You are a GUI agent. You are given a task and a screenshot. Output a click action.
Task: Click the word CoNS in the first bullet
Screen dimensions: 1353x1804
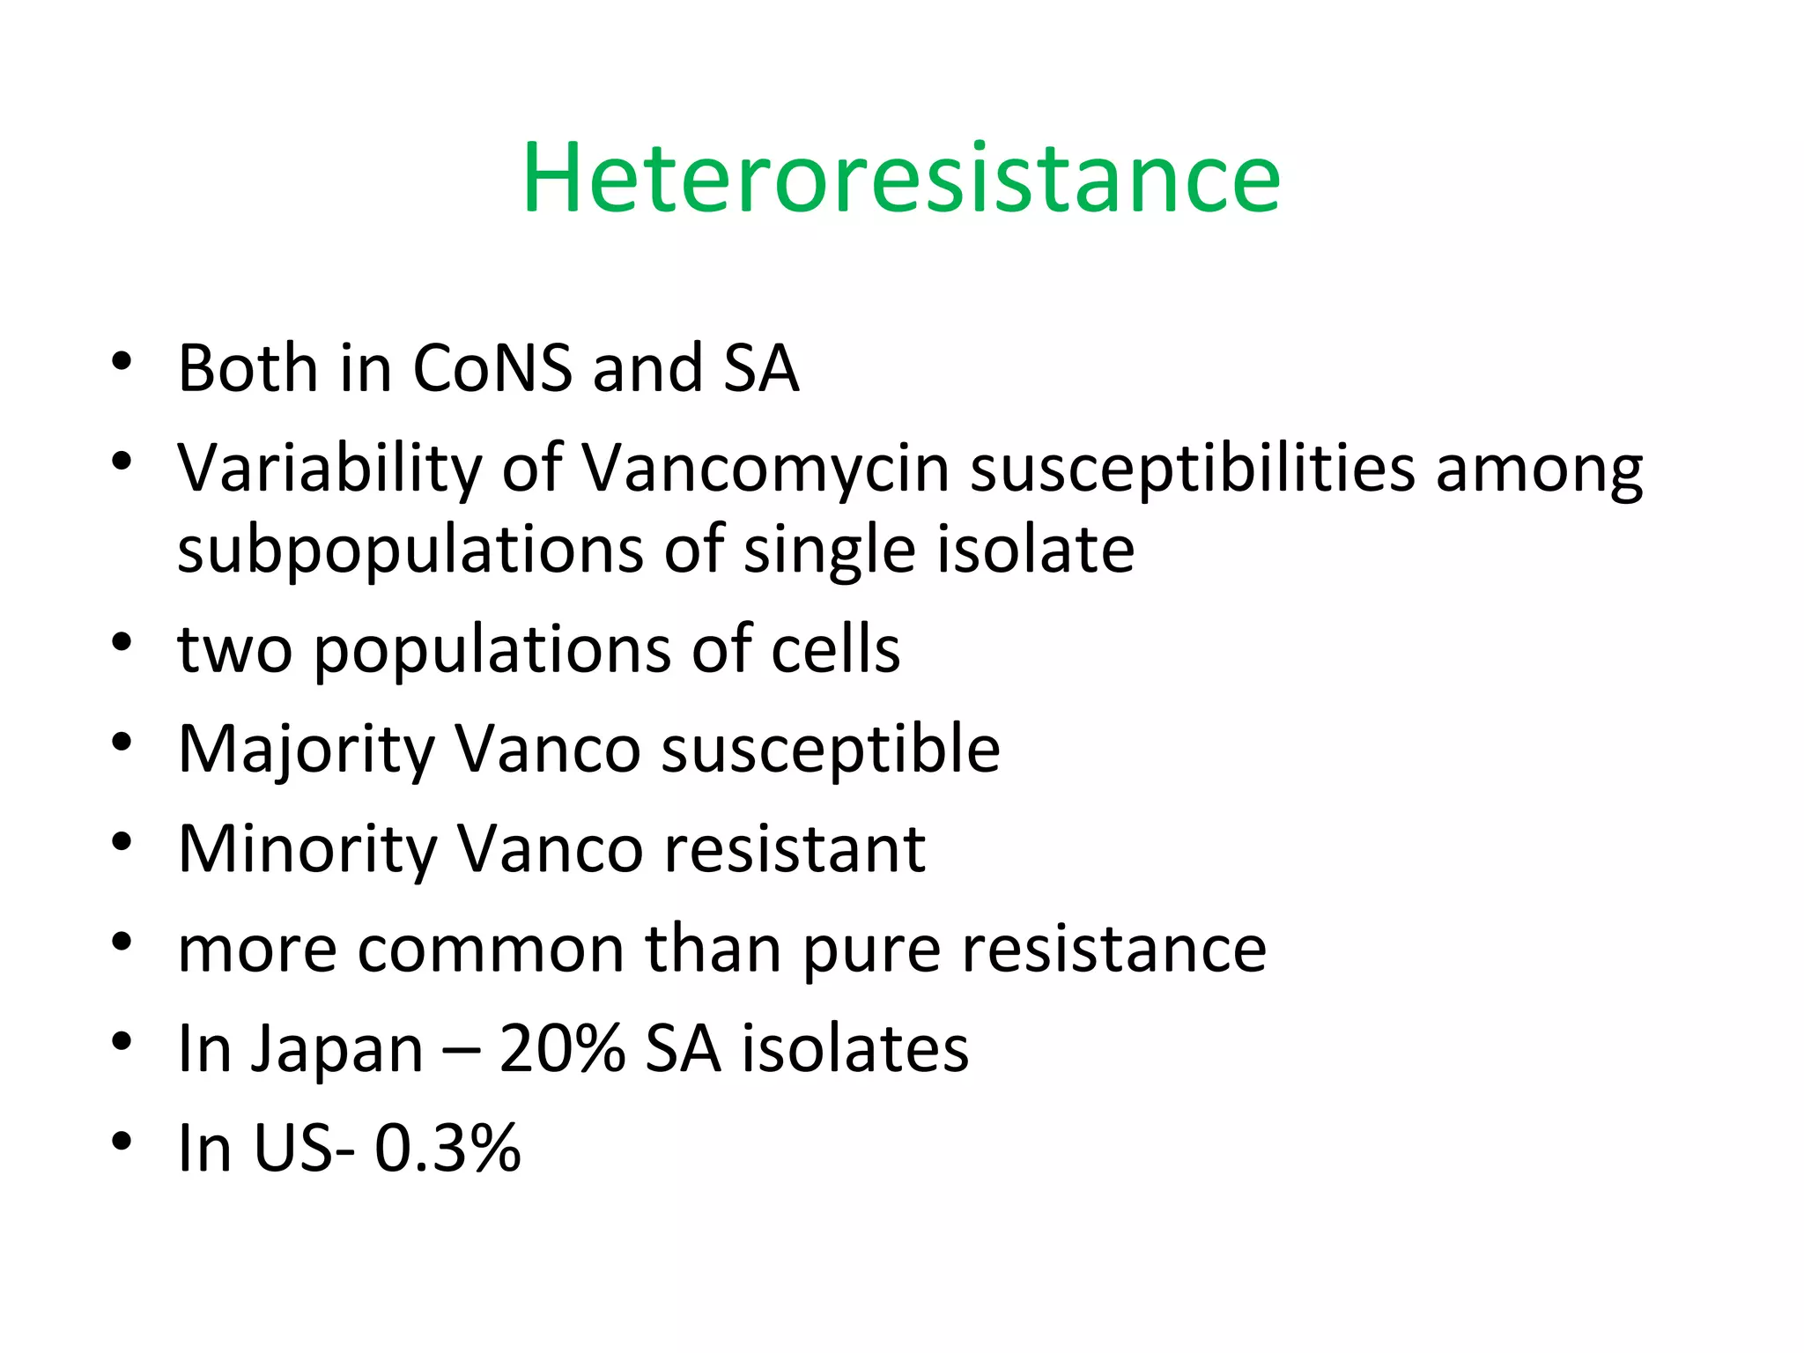click(492, 367)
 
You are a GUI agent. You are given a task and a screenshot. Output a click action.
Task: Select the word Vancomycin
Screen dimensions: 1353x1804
click(765, 468)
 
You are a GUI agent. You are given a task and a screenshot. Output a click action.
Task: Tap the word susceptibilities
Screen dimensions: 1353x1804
click(1193, 469)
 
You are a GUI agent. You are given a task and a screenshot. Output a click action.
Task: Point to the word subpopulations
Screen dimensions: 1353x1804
click(410, 551)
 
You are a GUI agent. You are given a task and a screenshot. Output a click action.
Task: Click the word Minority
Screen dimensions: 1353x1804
click(307, 849)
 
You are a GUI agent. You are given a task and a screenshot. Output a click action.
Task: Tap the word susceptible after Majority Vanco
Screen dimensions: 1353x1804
click(831, 750)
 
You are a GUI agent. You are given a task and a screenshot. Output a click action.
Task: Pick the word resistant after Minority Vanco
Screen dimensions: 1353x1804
click(794, 849)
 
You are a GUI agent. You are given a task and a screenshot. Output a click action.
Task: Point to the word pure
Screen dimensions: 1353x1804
click(872, 951)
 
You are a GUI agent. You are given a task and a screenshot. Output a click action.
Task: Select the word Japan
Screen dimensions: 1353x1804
click(337, 1050)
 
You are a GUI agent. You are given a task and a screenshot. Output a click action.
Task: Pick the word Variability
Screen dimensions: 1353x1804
click(329, 468)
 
